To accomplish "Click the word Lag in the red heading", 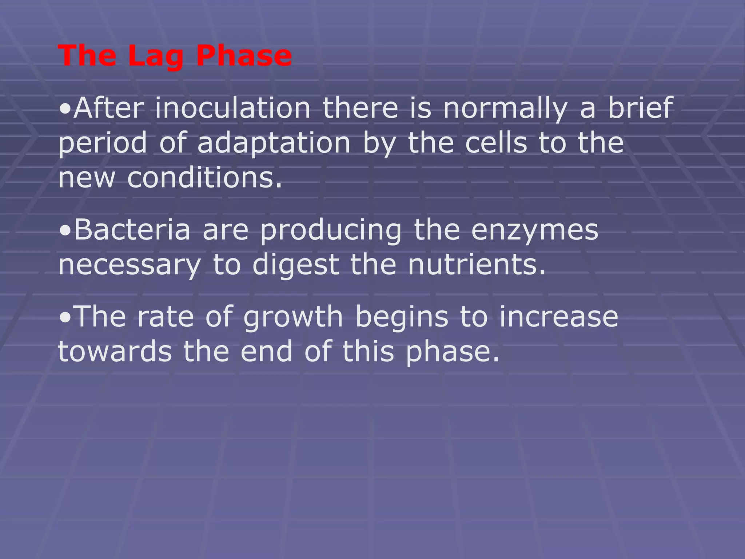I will pyautogui.click(x=155, y=56).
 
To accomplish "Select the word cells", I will pyautogui.click(x=496, y=143).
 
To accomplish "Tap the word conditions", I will pyautogui.click(x=204, y=178).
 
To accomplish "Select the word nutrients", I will pyautogui.click(x=477, y=265).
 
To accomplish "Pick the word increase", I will pyautogui.click(x=559, y=317).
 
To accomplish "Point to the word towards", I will pyautogui.click(x=115, y=352).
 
